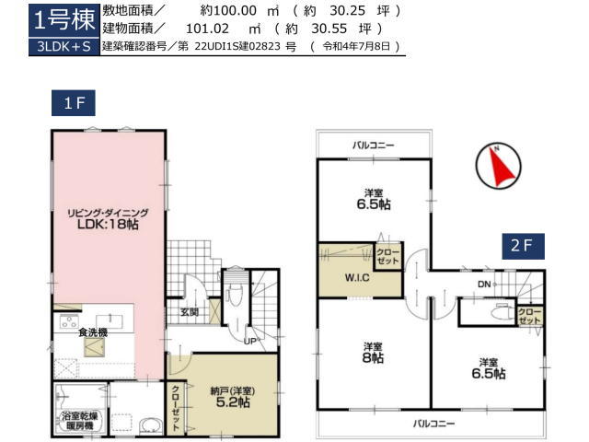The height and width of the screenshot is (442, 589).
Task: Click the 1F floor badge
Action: point(74,103)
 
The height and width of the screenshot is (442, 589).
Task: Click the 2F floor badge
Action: point(524,246)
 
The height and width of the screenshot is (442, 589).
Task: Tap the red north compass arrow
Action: point(499,166)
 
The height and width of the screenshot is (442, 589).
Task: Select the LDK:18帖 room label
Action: point(108,225)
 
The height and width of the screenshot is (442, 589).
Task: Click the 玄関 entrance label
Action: point(190,312)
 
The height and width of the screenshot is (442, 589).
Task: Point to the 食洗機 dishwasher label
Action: point(93,332)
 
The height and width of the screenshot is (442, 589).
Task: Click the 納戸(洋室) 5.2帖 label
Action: point(233,397)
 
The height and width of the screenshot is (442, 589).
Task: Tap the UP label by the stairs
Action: point(249,342)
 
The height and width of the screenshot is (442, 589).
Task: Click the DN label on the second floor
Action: point(484,285)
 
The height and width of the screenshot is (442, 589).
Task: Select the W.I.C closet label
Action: point(357,278)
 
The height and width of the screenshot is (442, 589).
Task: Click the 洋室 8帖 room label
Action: point(373,353)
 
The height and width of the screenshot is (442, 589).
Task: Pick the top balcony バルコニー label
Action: point(373,145)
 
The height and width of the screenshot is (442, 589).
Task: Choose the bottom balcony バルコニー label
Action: point(433,424)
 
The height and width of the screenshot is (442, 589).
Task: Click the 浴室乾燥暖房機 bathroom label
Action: point(80,421)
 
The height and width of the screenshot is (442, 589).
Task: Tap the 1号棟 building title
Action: point(64,20)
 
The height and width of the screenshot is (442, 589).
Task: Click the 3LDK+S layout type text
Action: point(64,47)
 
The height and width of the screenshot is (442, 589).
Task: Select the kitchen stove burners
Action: point(69,322)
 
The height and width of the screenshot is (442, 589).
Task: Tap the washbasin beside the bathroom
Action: point(151,426)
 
